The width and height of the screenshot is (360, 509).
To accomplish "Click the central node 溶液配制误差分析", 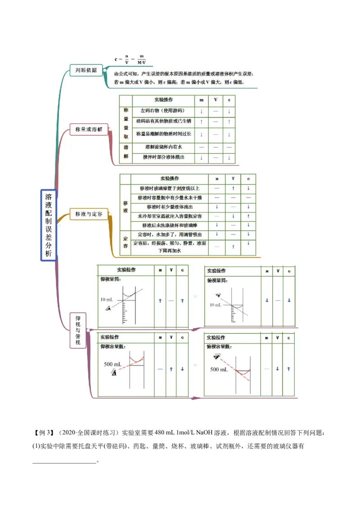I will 49,225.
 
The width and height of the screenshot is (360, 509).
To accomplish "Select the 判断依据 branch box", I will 85,70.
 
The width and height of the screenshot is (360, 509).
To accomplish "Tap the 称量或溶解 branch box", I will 89,129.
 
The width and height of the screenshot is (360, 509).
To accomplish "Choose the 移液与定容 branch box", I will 89,214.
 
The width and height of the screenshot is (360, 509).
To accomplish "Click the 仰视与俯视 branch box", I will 78,330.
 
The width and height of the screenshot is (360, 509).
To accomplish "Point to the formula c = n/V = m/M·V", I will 130,59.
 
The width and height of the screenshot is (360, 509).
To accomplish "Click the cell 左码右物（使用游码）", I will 162,111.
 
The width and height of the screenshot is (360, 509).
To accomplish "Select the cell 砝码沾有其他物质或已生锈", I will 164,121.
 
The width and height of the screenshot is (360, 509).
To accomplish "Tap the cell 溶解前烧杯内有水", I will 163,147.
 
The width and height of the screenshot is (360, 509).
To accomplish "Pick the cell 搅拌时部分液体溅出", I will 163,157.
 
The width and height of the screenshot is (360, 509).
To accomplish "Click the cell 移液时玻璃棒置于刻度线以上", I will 170,188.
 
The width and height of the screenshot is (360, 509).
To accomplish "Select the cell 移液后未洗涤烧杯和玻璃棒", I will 170,225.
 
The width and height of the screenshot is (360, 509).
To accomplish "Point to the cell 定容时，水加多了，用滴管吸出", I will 170,235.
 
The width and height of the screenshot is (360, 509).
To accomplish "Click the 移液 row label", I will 126,207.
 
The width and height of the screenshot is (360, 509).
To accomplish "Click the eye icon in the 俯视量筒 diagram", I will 218,295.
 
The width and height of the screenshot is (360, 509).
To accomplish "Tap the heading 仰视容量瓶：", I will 113,347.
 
